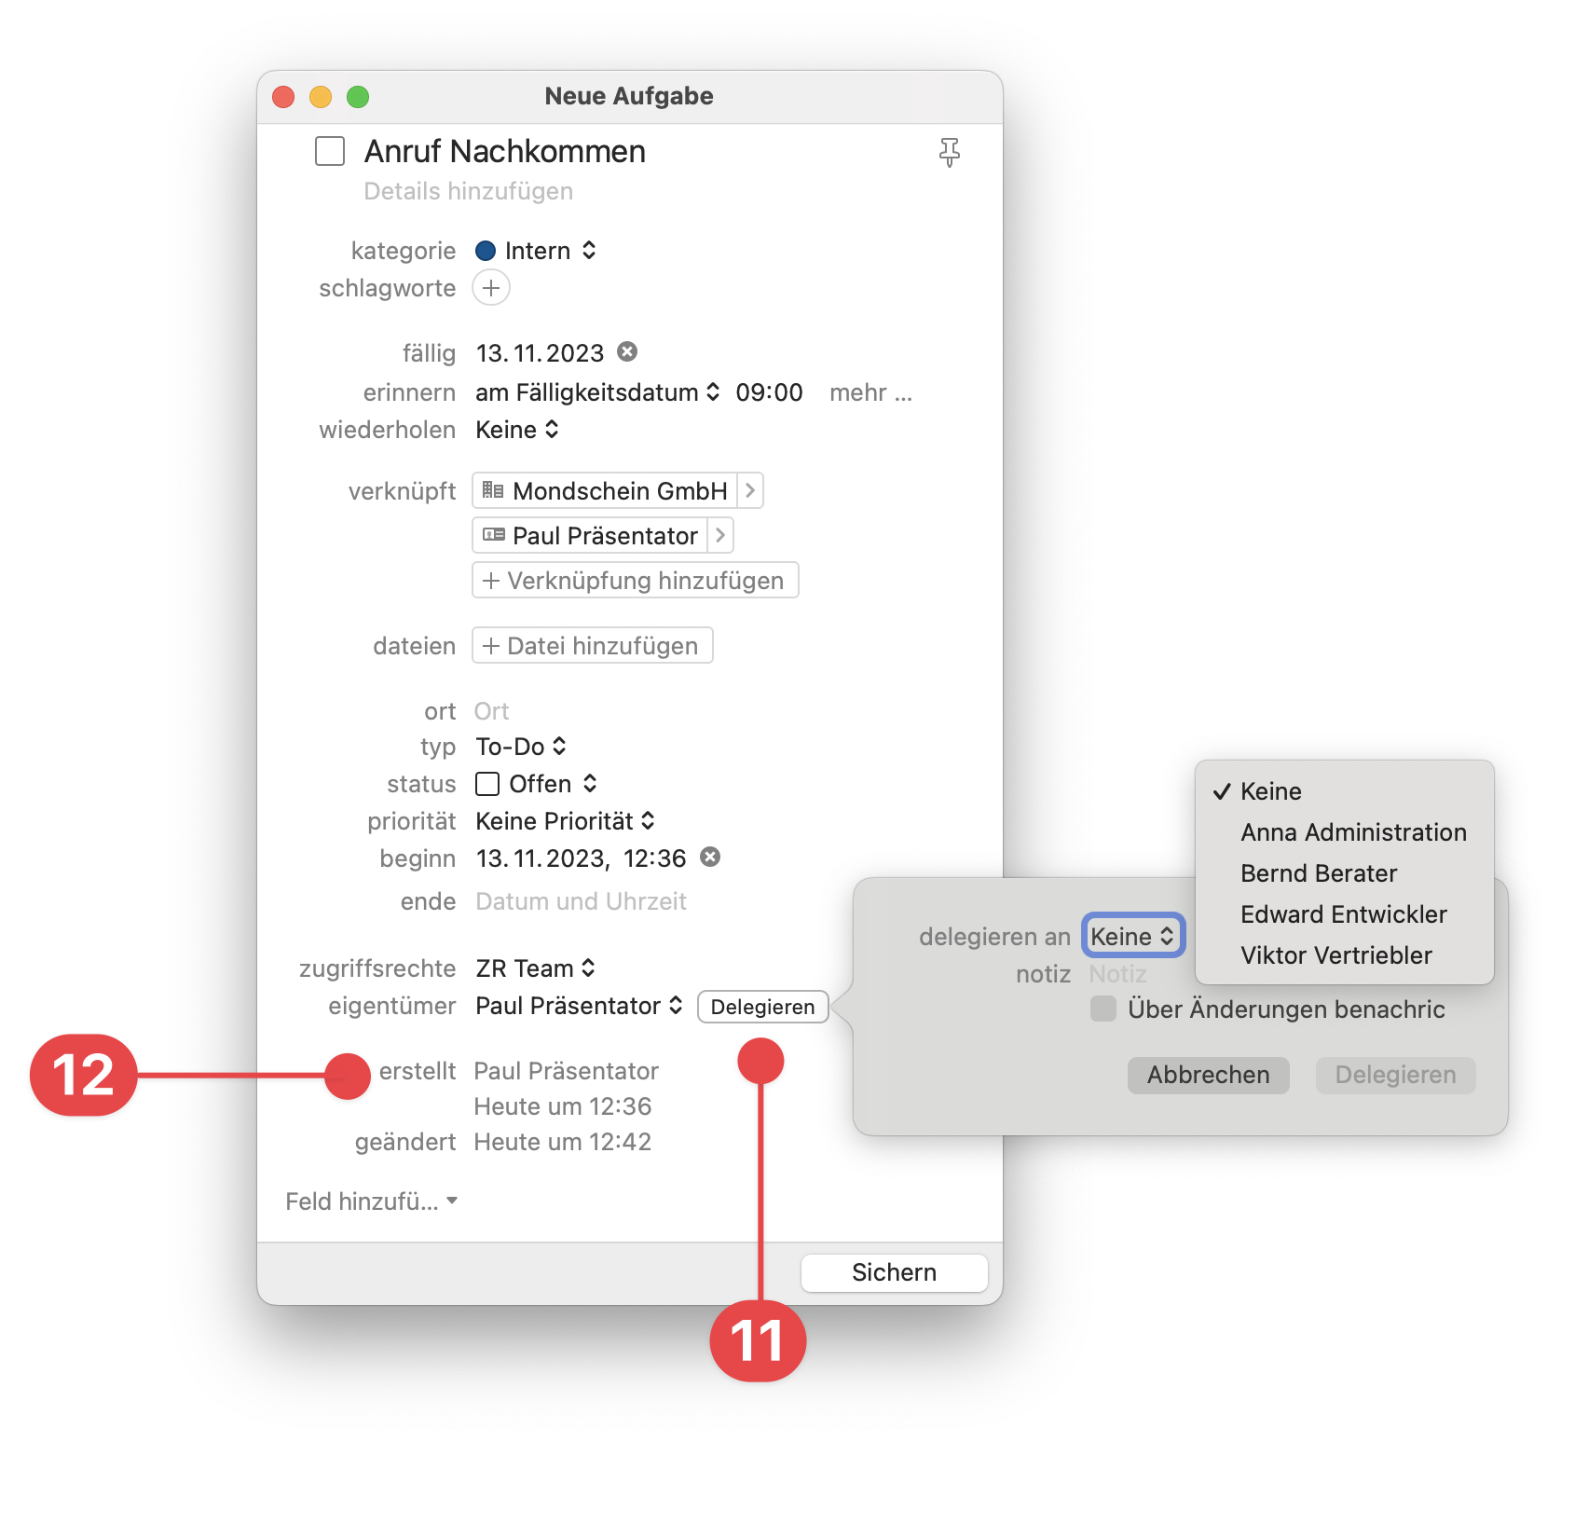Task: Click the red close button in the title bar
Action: tap(283, 97)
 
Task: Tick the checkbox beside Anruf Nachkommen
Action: tap(330, 151)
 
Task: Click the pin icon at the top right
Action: tap(949, 152)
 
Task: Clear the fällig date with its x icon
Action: tap(627, 351)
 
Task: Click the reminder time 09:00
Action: tap(769, 392)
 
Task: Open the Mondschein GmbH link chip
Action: tap(618, 490)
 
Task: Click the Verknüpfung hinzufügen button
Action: tap(636, 580)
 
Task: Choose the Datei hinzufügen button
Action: tap(593, 645)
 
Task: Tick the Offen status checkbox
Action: tap(487, 784)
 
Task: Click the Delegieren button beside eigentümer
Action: tap(762, 1007)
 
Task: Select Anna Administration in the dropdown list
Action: tap(1353, 832)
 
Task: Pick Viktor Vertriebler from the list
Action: tap(1336, 955)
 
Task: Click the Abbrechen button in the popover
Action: tap(1208, 1075)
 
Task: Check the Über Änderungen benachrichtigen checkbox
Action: tap(1103, 1009)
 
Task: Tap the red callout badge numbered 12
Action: tap(84, 1075)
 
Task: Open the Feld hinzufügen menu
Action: tap(371, 1201)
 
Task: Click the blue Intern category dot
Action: tap(486, 251)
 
